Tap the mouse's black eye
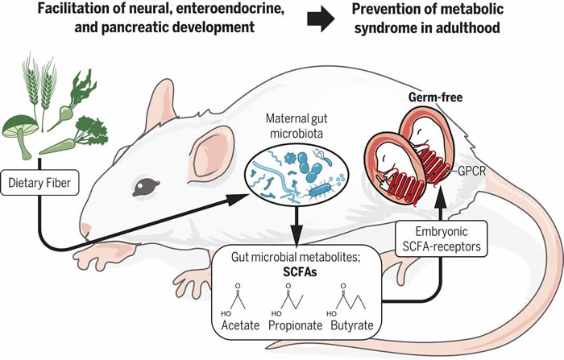(x=145, y=187)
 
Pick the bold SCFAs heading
(x=299, y=273)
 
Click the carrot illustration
(x=64, y=145)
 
